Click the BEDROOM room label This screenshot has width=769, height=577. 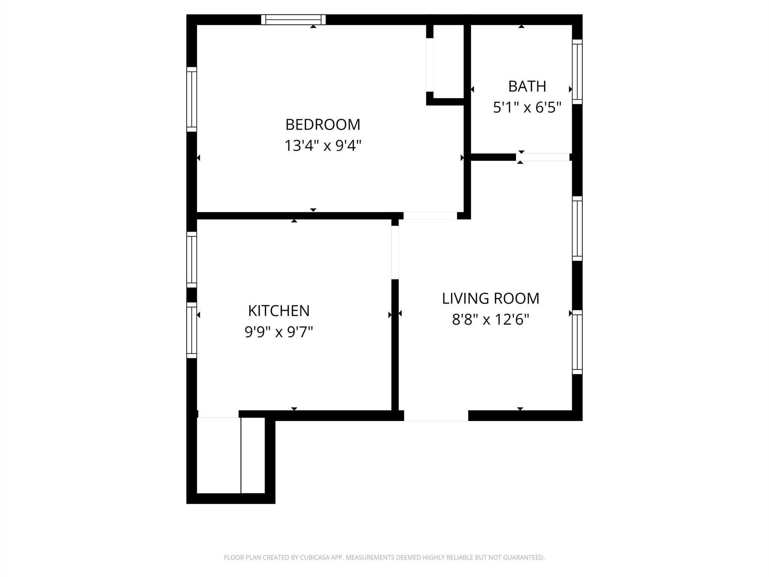[323, 125]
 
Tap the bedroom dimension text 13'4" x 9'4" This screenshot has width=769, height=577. [323, 146]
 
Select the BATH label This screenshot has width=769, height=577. [527, 86]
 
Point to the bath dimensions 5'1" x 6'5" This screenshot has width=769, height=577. [527, 108]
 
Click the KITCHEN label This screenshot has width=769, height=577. [279, 311]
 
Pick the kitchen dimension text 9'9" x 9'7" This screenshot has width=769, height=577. [279, 332]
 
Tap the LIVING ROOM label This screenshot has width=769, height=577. [490, 299]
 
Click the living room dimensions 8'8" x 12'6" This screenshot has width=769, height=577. [490, 320]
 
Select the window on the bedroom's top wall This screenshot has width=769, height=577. [293, 20]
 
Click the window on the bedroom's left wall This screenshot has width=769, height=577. [191, 100]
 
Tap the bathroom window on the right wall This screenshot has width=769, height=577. [577, 72]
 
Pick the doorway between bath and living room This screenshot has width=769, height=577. [543, 157]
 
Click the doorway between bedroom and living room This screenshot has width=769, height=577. [430, 216]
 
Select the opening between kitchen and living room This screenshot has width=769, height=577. [395, 252]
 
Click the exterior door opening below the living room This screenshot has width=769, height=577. [436, 415]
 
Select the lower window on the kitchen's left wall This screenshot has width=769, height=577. [191, 330]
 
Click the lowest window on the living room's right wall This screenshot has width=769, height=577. [577, 342]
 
